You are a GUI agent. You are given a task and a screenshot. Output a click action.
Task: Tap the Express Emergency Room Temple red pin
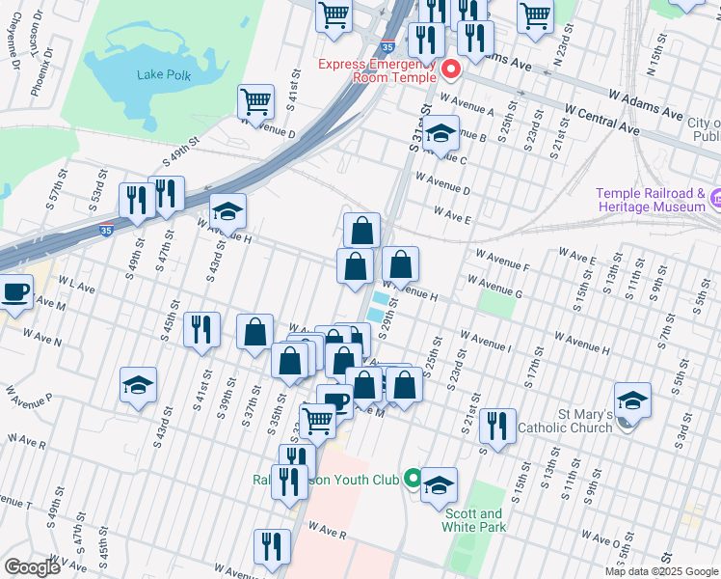(450, 70)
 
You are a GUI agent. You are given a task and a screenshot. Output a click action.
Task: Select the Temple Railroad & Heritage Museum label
(651, 200)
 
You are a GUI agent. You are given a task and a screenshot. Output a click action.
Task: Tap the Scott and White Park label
(472, 520)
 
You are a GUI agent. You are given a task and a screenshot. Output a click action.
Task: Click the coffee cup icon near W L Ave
(15, 291)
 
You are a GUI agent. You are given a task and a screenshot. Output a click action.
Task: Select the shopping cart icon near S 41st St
(255, 101)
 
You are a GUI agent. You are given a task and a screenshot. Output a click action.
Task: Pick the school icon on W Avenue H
(228, 211)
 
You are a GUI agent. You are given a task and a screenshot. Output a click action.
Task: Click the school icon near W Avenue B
(441, 134)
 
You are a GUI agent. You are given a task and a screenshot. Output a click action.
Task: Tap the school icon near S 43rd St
(138, 385)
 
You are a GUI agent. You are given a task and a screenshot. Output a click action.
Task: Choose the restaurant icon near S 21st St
(496, 425)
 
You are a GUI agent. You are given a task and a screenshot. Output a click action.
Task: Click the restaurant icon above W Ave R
(272, 546)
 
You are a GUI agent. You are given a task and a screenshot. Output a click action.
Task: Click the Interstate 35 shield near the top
(387, 44)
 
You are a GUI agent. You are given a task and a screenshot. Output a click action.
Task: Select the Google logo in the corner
(32, 566)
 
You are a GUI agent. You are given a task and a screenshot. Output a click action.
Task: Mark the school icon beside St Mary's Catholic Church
(632, 400)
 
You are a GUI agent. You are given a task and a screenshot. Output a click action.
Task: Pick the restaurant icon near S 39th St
(202, 330)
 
